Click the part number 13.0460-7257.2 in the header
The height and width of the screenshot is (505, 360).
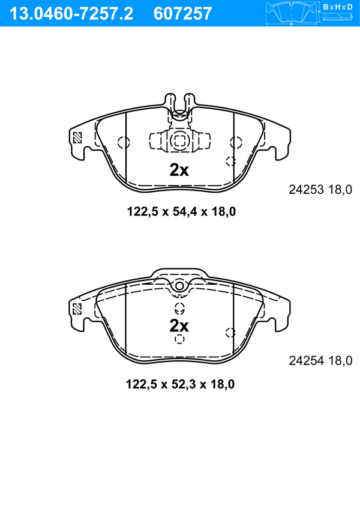pyautogui.click(x=71, y=14)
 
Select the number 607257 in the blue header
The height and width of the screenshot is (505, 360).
pyautogui.click(x=182, y=14)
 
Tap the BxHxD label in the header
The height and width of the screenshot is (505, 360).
pyautogui.click(x=338, y=7)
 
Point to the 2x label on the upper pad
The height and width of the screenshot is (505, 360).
pyautogui.click(x=179, y=170)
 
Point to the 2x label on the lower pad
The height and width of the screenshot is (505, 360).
pyautogui.click(x=179, y=326)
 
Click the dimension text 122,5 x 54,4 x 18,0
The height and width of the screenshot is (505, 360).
pyautogui.click(x=181, y=211)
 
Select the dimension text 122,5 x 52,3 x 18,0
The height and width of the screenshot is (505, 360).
pyautogui.click(x=180, y=384)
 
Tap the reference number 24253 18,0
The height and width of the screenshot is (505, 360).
pyautogui.click(x=320, y=190)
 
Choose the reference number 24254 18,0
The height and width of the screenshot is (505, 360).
pyautogui.click(x=320, y=361)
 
